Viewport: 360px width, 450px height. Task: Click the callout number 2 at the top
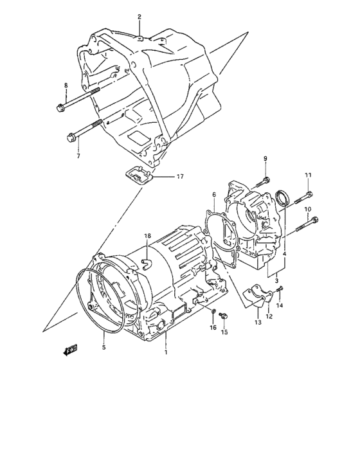[139, 17]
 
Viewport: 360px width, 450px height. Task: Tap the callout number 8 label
[65, 85]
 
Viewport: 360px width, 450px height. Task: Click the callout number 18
[147, 237]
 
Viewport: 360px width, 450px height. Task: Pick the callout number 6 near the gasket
[213, 194]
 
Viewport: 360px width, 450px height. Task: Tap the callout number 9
[265, 159]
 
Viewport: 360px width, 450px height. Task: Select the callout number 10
[308, 210]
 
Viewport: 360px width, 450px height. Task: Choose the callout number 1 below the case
[165, 353]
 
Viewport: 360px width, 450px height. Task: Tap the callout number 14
[279, 306]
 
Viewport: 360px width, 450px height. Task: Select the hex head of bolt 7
[70, 136]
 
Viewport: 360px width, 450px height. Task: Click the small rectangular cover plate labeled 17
[137, 173]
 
